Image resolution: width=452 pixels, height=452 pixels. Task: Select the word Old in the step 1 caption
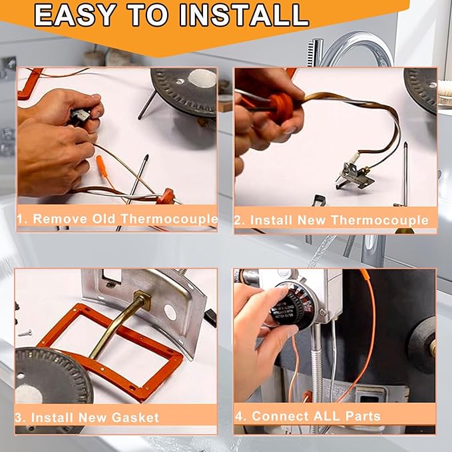pos(99,218)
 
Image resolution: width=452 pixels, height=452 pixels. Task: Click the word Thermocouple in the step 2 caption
pos(387,220)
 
